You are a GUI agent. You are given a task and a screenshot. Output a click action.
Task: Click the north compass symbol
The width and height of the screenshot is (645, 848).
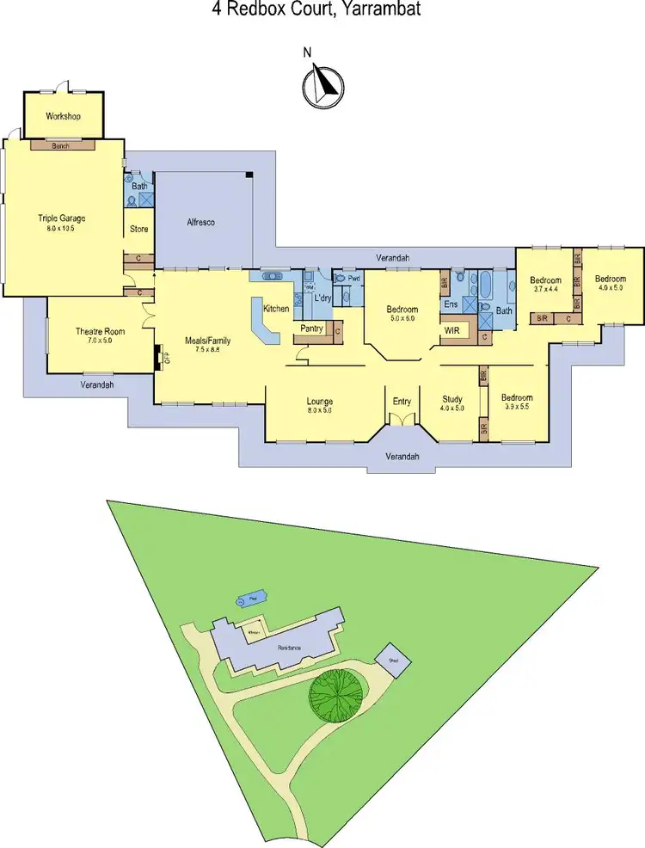click(322, 84)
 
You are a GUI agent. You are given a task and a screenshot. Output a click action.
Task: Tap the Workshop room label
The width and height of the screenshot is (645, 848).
click(63, 115)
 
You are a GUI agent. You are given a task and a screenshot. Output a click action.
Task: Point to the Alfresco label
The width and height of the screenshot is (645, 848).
click(200, 222)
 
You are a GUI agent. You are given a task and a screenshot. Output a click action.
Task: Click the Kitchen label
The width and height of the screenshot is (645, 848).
click(276, 308)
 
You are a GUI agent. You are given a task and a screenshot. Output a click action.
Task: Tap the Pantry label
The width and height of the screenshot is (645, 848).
click(311, 329)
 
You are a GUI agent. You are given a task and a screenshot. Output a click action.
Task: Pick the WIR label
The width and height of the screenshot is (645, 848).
click(453, 330)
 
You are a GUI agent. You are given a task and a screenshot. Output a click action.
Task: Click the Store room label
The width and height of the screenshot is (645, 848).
click(139, 230)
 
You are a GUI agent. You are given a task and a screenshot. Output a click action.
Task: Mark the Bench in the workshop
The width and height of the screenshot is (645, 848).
click(61, 145)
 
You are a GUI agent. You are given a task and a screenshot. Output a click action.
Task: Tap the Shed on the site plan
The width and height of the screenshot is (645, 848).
click(394, 660)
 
